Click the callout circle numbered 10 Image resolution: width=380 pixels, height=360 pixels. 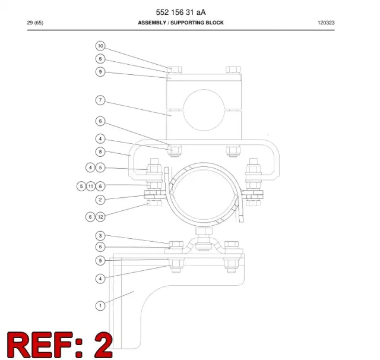coord(100,46)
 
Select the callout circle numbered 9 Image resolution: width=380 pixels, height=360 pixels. coord(100,72)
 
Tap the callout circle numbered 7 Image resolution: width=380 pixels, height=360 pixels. coord(100,100)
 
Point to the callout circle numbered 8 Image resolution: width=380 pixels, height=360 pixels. coord(100,152)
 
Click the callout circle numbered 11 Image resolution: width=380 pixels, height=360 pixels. coord(91,186)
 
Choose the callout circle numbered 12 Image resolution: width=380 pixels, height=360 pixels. coord(100,217)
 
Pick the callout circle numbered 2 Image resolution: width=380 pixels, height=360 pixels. coord(100,200)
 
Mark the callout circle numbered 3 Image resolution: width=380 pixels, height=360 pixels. coord(100,236)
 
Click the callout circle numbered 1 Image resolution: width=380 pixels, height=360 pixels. coord(100,305)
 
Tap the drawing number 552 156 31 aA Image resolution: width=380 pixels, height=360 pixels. coord(180,12)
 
